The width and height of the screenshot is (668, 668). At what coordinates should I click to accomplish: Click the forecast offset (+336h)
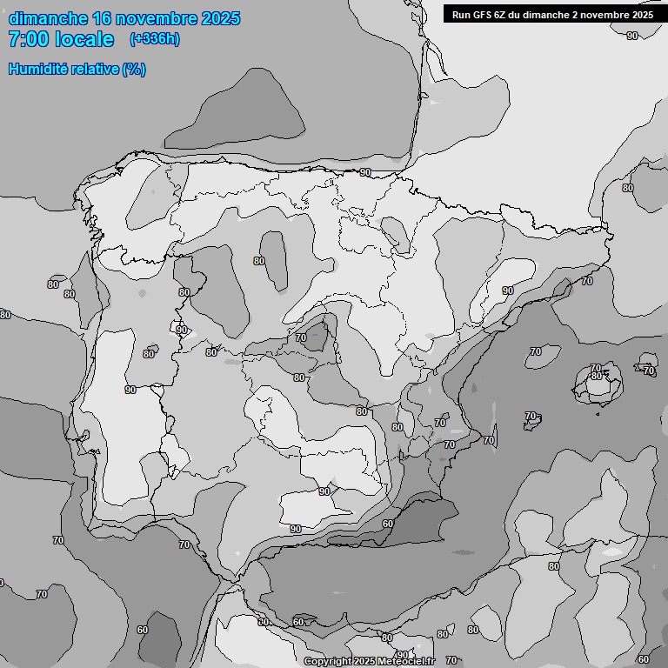[155, 39]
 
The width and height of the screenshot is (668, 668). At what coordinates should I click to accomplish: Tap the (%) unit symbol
[134, 69]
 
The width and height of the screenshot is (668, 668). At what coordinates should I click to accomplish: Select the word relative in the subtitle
[94, 69]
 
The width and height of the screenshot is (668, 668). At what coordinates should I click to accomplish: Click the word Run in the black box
[460, 15]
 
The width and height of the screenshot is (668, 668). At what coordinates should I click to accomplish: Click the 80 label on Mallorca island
[596, 376]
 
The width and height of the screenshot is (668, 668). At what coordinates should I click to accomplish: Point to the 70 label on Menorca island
[649, 371]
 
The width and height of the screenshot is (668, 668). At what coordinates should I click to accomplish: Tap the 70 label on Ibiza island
[530, 416]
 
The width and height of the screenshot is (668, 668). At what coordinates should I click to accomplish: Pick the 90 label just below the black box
[631, 36]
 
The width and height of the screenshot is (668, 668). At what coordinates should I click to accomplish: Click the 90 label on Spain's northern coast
[365, 172]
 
